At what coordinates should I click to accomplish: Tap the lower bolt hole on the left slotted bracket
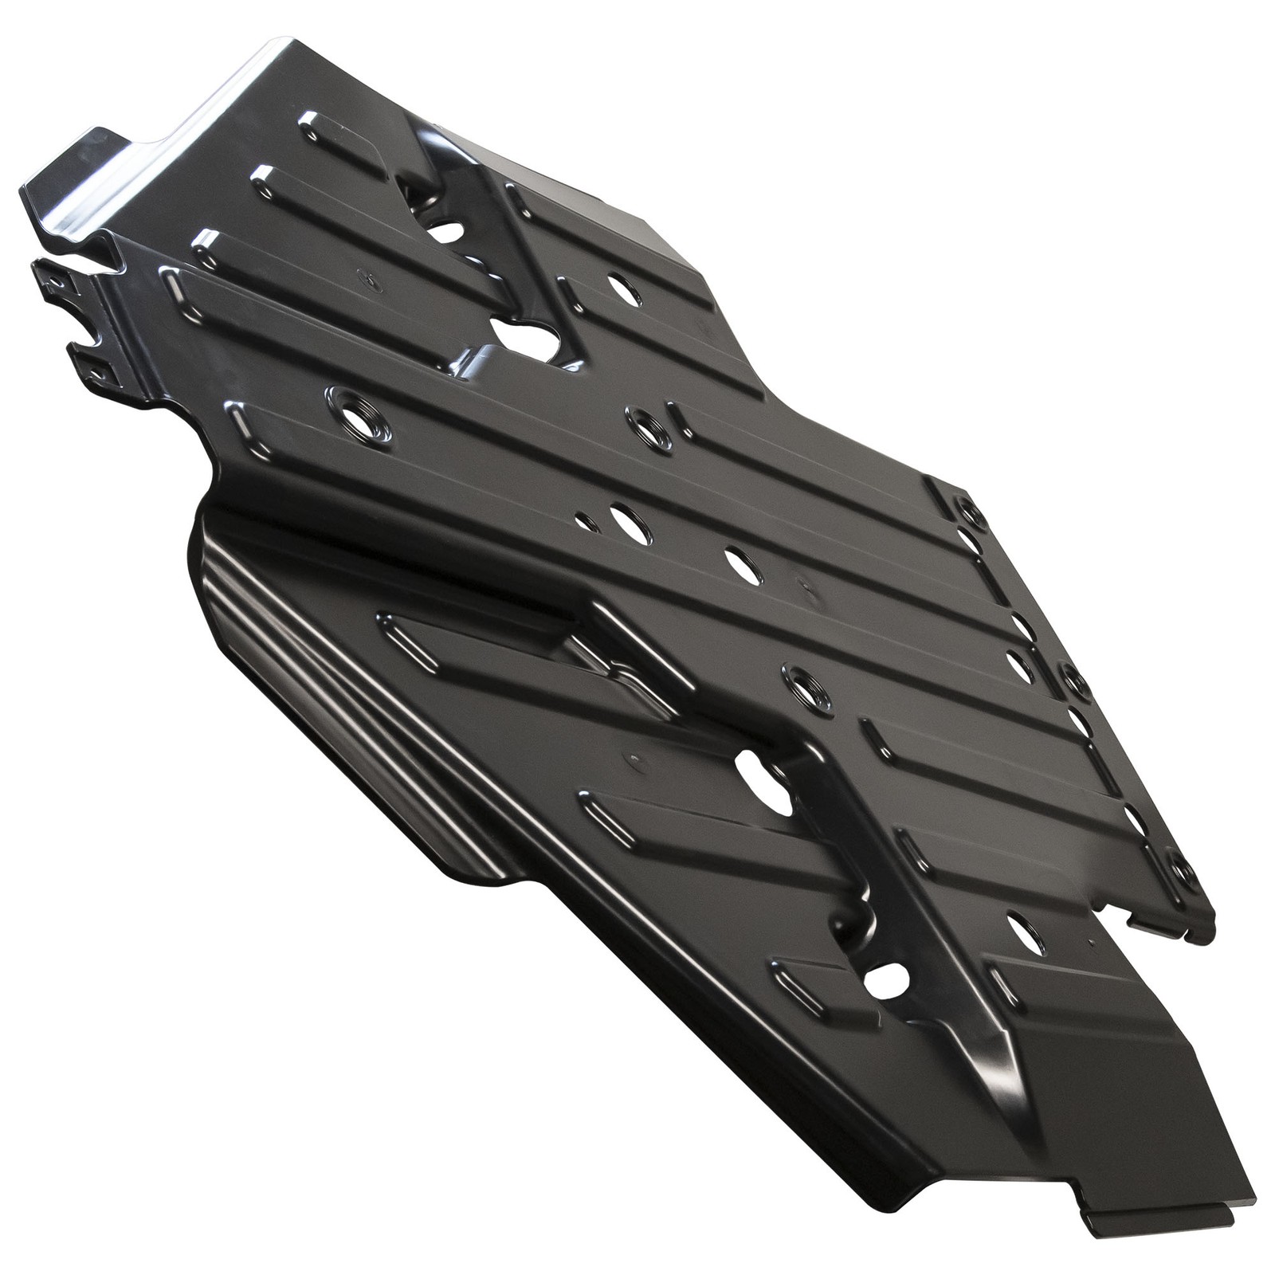94,371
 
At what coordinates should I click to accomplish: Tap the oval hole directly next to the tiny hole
630,522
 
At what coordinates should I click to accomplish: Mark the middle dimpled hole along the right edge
1075,681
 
